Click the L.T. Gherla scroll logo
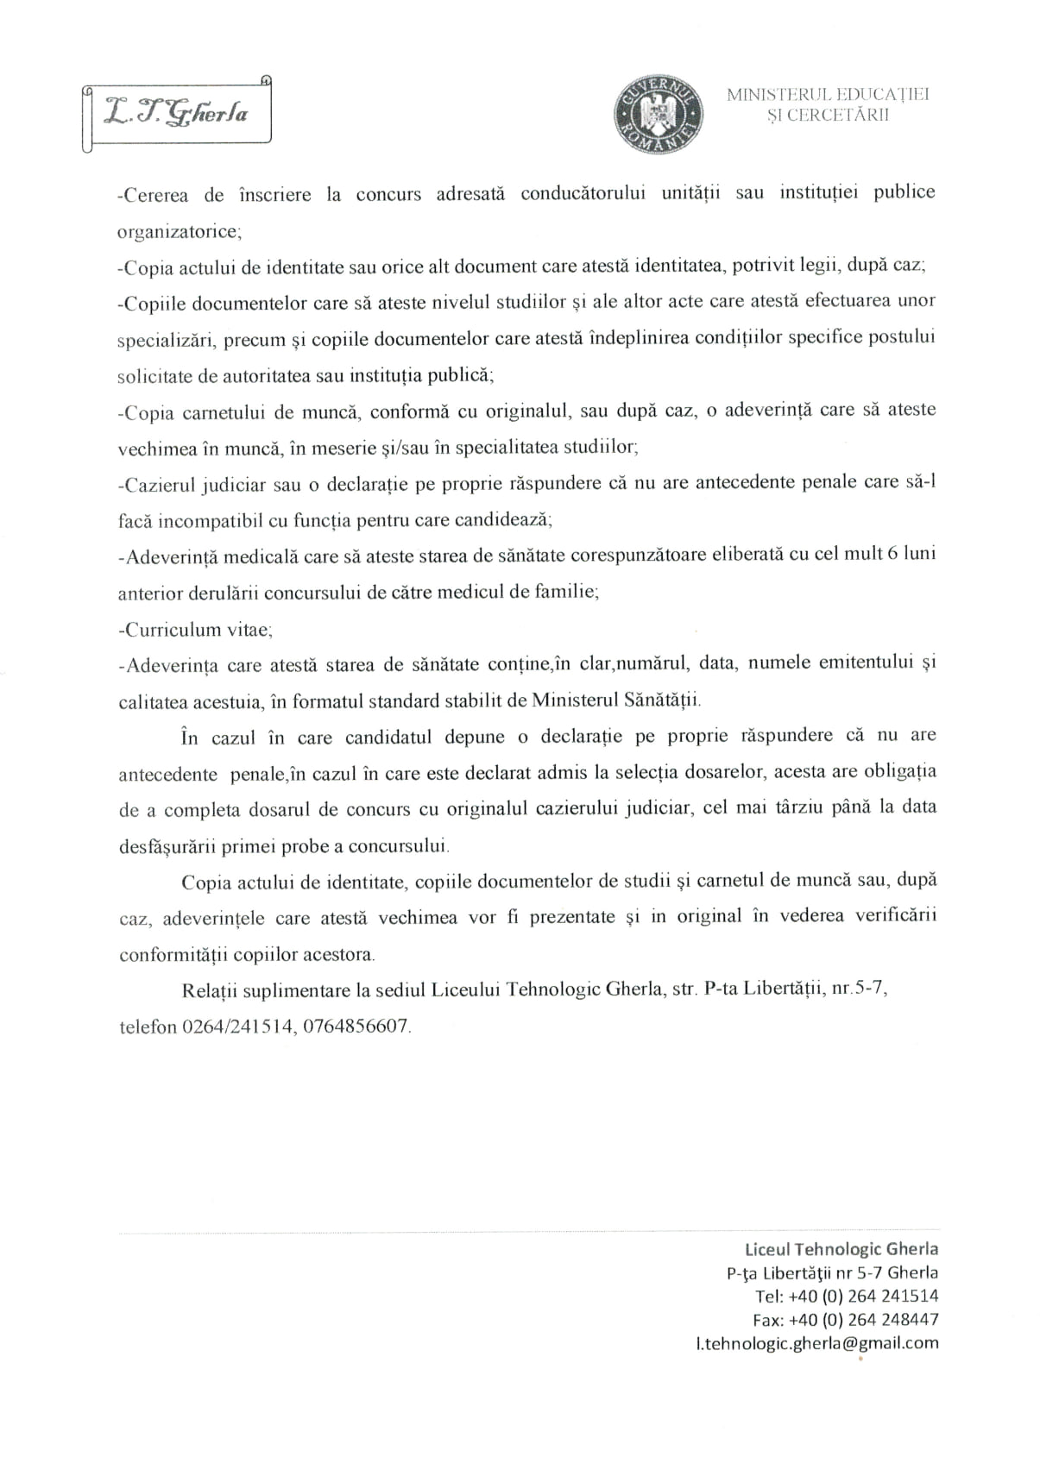pyautogui.click(x=176, y=114)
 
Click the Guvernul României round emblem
pyautogui.click(x=657, y=112)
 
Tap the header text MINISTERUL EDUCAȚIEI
pyautogui.click(x=827, y=95)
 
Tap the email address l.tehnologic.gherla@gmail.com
pyautogui.click(x=816, y=1342)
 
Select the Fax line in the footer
pyautogui.click(x=845, y=1319)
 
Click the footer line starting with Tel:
pyautogui.click(x=846, y=1296)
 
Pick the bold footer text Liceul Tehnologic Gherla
pyautogui.click(x=841, y=1248)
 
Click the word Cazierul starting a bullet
pyautogui.click(x=157, y=483)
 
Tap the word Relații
pyautogui.click(x=210, y=989)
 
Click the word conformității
pyautogui.click(x=173, y=954)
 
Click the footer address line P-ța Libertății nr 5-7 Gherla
pyautogui.click(x=832, y=1272)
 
